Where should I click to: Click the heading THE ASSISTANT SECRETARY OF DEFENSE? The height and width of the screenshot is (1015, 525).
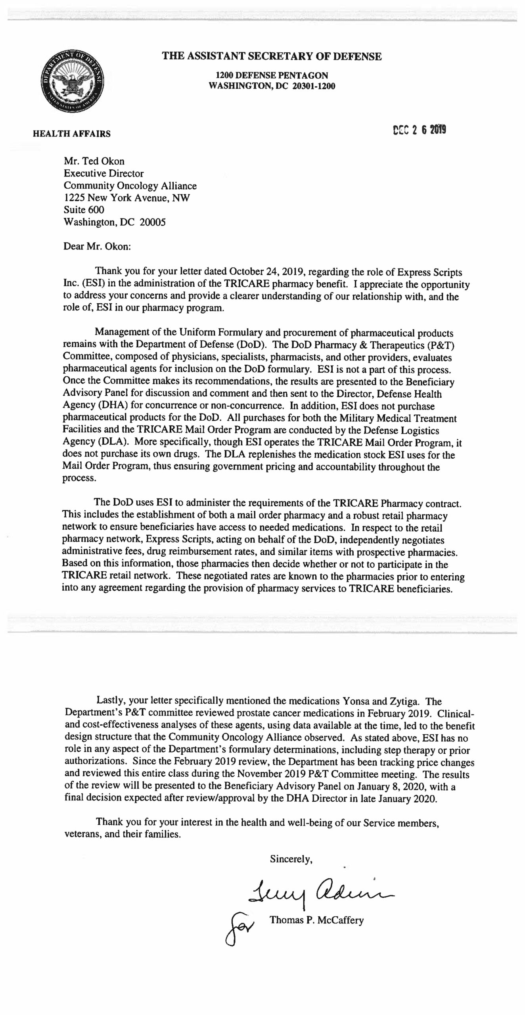point(272,56)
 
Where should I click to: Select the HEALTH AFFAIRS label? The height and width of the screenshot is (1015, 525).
point(71,134)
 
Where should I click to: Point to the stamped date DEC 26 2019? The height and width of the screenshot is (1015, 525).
point(419,130)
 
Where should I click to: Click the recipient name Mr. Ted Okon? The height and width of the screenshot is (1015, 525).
point(94,161)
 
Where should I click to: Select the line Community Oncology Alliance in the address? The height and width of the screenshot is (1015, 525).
point(130,186)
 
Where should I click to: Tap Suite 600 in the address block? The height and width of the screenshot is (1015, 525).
point(84,210)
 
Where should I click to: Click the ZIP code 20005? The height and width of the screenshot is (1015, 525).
point(152,222)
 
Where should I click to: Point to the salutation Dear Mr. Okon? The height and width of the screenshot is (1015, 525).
point(97,246)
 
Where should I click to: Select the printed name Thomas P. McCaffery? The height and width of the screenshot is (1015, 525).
point(316,920)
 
